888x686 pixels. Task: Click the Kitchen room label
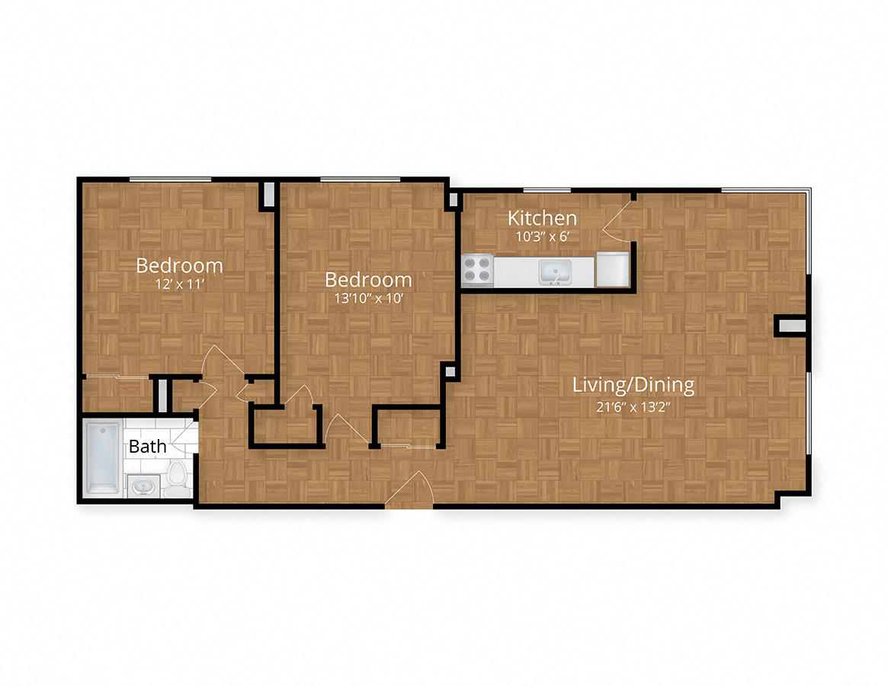pos(542,218)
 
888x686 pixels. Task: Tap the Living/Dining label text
pos(633,385)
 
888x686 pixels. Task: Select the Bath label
pos(147,447)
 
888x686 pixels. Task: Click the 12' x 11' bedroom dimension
pos(179,285)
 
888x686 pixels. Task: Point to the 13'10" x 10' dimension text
pos(368,298)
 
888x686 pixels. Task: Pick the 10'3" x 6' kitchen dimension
pos(543,236)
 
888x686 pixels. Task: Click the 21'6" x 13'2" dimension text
pos(633,406)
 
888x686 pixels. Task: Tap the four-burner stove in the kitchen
pos(478,269)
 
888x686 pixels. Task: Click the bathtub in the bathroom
pos(102,458)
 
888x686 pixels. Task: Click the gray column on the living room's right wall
pos(790,326)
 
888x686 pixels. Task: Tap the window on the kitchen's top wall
pos(547,190)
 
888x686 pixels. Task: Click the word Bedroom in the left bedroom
pos(179,266)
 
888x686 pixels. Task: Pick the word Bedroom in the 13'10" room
pos(368,279)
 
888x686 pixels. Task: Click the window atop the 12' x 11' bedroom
pos(170,180)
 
